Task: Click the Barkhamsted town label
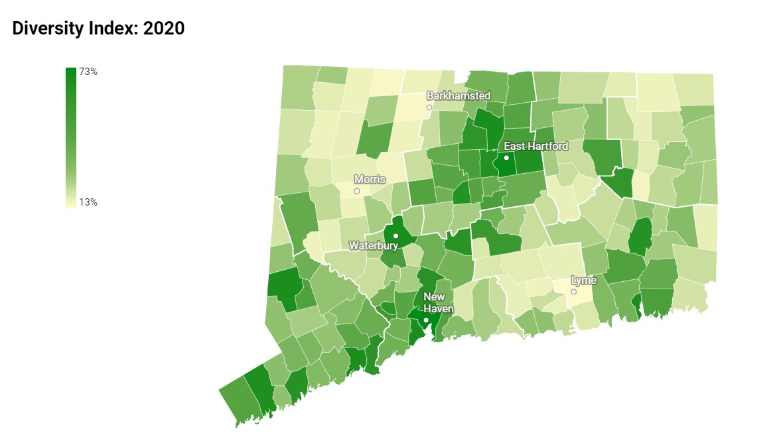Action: coord(459,96)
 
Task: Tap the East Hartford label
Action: coord(536,146)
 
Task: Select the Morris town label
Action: coord(370,179)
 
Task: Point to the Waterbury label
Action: coord(374,245)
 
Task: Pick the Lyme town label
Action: coord(584,281)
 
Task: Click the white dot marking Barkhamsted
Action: coord(429,107)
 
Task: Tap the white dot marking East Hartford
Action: coord(506,158)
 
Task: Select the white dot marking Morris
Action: coord(357,191)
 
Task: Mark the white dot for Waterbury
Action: coord(395,236)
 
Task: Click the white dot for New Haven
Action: coord(426,320)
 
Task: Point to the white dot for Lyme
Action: coord(574,292)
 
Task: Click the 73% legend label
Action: coord(88,72)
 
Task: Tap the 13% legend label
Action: coord(88,202)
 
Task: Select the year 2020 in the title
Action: coord(163,29)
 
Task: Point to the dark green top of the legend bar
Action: coord(71,72)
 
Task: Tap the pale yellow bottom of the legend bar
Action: coord(71,204)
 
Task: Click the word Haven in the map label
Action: coord(439,309)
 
